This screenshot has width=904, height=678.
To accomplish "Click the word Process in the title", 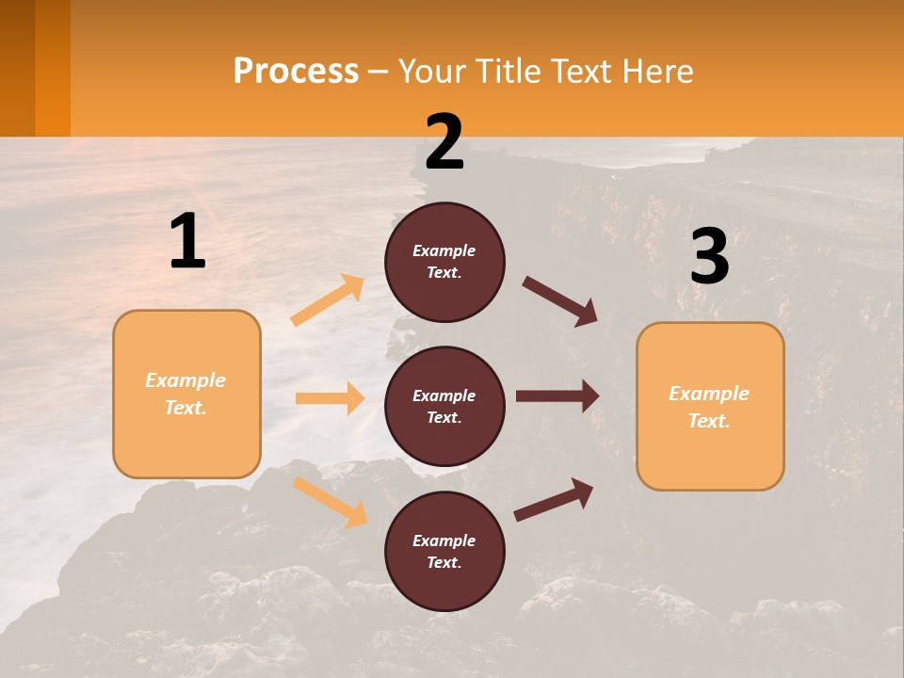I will coord(296,72).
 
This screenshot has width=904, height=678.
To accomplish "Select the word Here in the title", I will coord(656,72).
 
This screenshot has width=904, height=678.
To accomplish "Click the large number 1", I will coord(187,242).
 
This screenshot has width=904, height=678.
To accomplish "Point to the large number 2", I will coord(444,142).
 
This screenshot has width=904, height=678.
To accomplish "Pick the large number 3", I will coord(709,257).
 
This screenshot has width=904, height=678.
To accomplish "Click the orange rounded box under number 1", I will coord(186,394).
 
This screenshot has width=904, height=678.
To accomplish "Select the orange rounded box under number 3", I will coord(710,406).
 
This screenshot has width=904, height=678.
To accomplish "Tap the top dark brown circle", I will coord(444,262).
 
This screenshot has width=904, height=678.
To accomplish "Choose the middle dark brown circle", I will coord(444,406).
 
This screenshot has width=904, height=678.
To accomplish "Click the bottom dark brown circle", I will coord(444,551).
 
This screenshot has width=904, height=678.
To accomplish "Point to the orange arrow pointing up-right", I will coord(328,300).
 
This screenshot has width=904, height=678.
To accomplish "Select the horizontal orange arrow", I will coord(330,398).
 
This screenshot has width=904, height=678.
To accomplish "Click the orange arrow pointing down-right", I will coord(330,502).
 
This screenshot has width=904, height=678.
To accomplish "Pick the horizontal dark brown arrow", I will coord(557,396).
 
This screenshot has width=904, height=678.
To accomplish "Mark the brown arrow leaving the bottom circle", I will coord(554,499).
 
